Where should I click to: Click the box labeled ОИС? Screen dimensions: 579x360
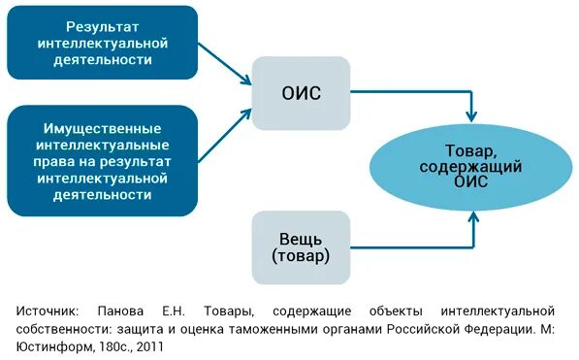[x=301, y=93]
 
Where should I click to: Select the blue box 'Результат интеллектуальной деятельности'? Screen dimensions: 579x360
[x=102, y=43]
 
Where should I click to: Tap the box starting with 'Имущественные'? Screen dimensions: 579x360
[x=102, y=161]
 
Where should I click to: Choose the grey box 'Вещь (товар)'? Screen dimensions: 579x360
[x=301, y=247]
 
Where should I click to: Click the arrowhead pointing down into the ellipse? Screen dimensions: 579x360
[x=471, y=115]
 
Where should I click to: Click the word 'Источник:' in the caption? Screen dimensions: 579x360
[x=49, y=311]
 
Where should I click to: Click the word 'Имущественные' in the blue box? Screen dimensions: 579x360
[x=102, y=129]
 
